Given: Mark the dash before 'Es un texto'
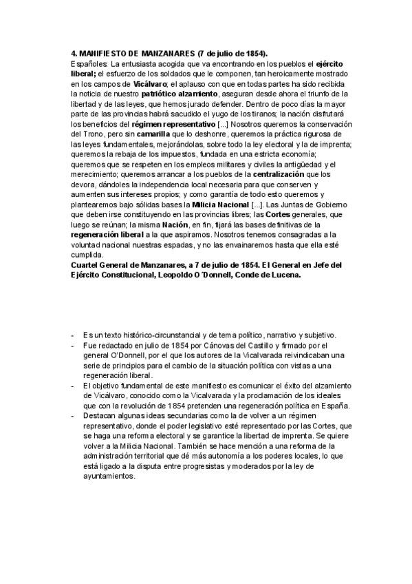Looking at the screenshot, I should (x=72, y=335).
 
